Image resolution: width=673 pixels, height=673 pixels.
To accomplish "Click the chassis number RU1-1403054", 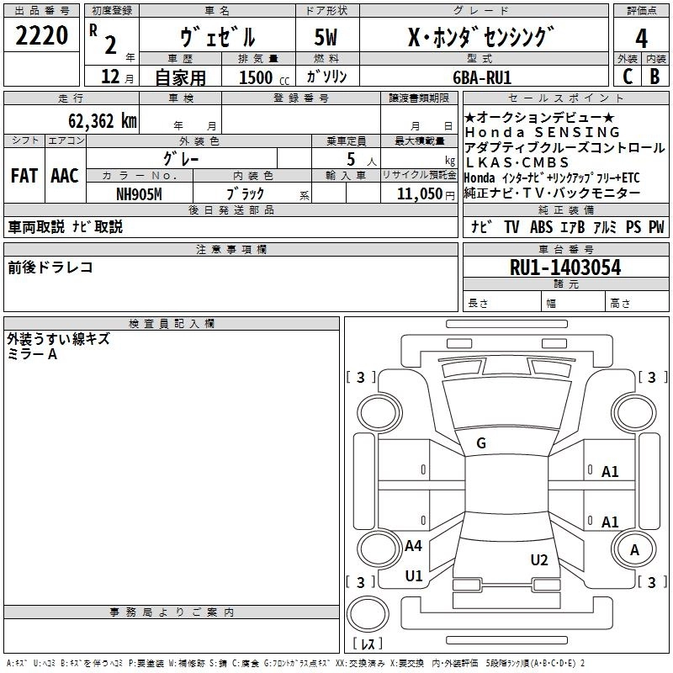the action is pos(565,268).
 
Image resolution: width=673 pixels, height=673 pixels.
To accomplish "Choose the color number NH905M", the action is pos(140,193).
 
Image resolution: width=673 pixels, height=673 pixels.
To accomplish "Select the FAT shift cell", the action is pos(24,175).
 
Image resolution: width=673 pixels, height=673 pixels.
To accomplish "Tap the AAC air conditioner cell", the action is pos(65,175).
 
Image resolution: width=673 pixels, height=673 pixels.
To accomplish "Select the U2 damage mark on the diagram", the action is pos(539,559).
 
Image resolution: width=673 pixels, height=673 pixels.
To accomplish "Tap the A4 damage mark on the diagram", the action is pos(413,546).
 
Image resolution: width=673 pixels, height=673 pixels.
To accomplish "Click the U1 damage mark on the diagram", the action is pos(414,576).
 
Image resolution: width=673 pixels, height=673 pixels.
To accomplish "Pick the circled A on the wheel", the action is pos(635,550).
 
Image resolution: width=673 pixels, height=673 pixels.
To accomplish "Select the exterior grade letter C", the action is pos(627,76).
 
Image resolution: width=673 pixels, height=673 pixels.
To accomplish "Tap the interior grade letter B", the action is pos(655,76).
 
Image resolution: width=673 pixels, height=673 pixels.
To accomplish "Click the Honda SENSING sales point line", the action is pos(542,133).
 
